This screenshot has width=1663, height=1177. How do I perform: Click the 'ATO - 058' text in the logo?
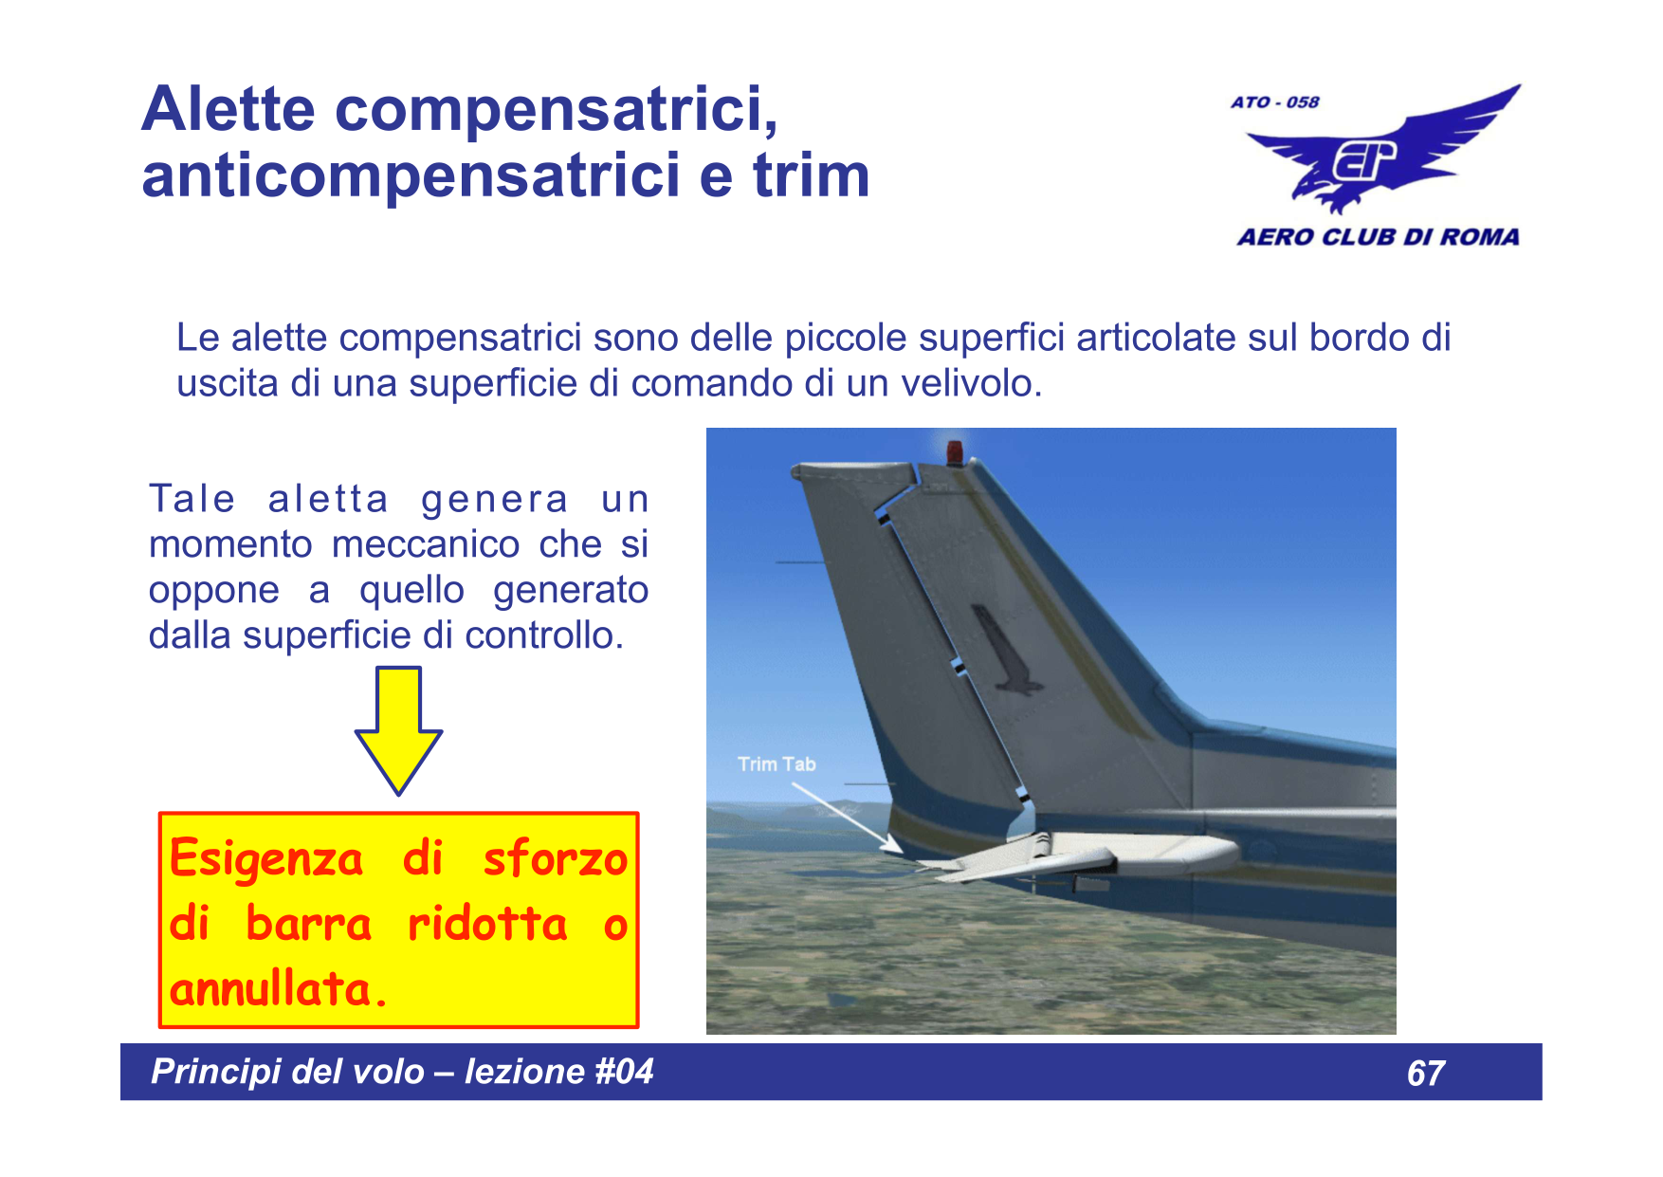coord(1274,102)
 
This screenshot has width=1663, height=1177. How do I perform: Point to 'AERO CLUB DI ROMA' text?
coord(1378,237)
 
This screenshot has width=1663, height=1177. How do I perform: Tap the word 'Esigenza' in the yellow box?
coord(266,859)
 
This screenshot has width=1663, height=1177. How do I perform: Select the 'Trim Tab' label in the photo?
coord(777,764)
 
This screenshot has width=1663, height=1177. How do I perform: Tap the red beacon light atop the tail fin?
coord(954,451)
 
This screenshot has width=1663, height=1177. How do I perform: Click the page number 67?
coord(1425,1074)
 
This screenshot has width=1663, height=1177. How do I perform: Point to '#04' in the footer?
coord(624,1072)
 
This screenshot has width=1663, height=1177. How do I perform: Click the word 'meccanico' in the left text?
coord(426,544)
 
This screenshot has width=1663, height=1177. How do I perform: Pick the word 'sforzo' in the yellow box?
coord(555,859)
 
